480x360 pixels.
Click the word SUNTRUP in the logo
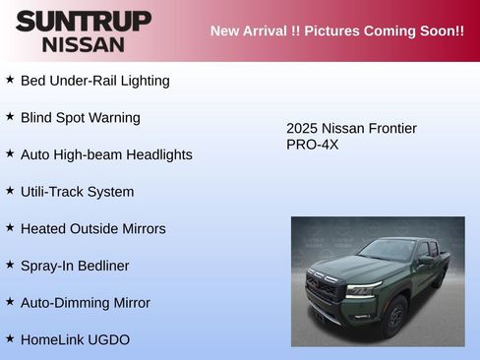point(84,21)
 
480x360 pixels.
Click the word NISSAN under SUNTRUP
point(84,44)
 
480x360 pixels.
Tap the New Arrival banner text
point(336,30)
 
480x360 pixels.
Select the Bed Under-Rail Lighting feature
point(94,81)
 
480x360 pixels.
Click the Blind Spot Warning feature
point(80,118)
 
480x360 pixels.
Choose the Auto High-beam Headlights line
point(106,154)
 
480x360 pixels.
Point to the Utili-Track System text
point(77,192)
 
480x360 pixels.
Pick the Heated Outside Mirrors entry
point(92,228)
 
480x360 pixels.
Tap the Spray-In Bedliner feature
point(75,266)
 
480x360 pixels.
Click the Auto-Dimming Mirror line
point(85,303)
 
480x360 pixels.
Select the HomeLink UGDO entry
point(75,339)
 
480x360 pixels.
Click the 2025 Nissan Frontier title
point(351,129)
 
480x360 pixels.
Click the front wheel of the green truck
point(394,315)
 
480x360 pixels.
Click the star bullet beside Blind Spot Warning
point(10,116)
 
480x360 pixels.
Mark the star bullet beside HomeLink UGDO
point(10,337)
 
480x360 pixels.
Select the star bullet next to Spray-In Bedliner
point(10,264)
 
